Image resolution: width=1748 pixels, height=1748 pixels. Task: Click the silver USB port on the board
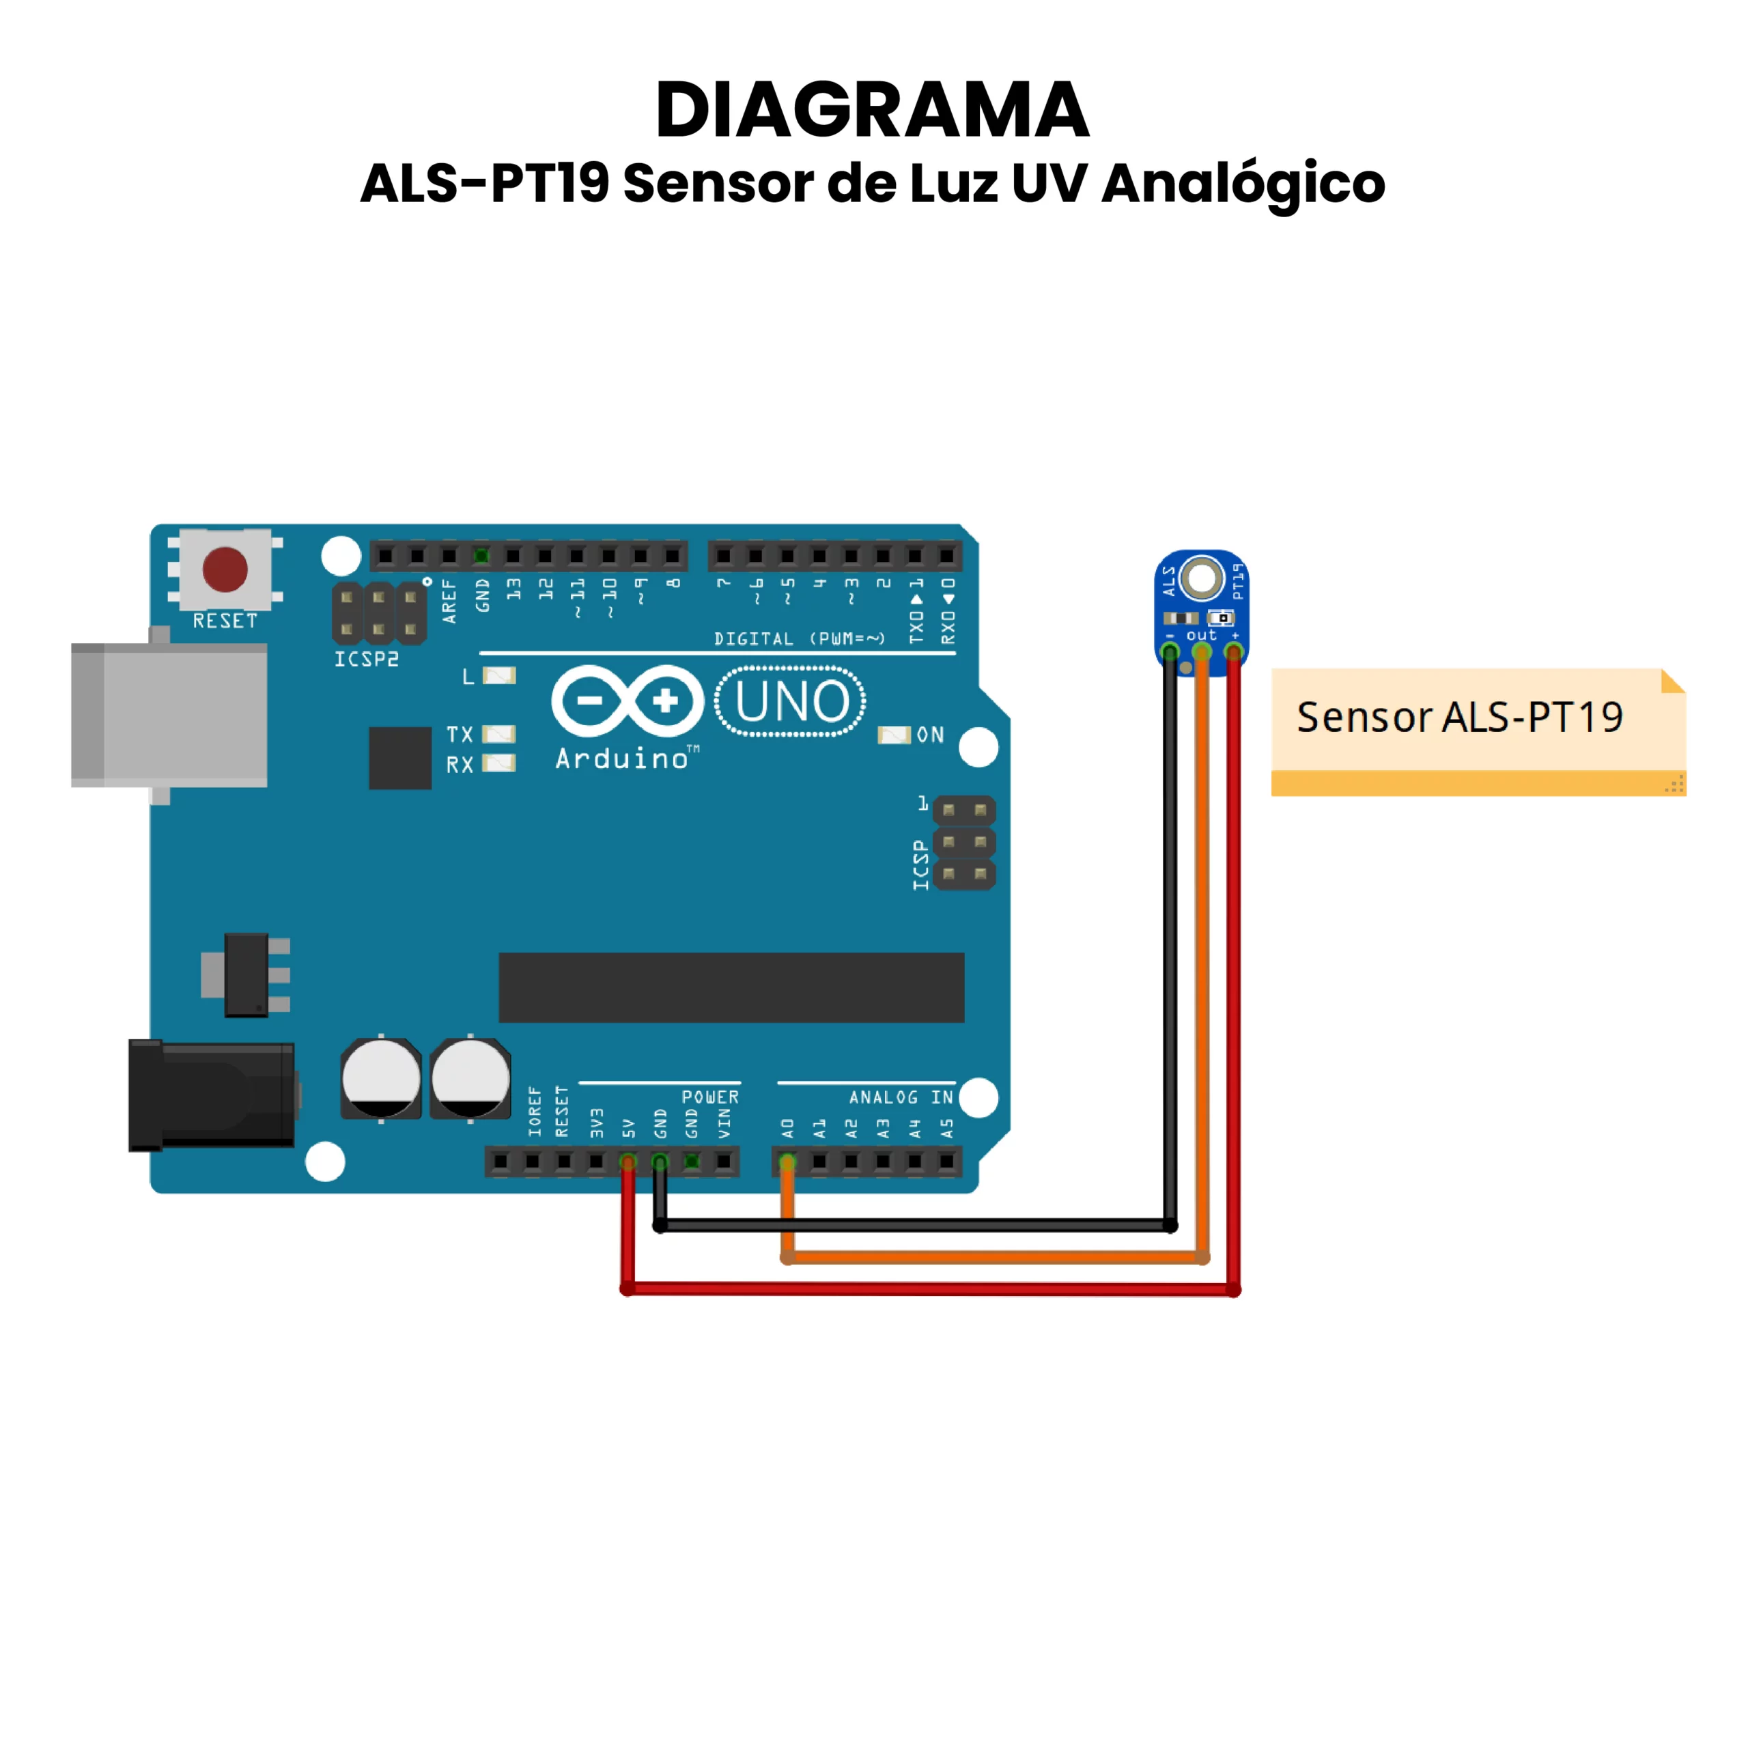170,715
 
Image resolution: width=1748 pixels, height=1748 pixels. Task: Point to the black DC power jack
212,1095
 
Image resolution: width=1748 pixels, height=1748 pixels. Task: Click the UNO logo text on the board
791,701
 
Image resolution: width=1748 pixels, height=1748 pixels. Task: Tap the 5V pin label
629,1127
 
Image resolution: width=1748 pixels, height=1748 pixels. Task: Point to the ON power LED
894,735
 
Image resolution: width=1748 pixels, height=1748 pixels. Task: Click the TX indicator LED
498,734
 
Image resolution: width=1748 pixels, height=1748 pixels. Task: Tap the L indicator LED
498,676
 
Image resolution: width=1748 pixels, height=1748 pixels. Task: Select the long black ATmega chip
731,987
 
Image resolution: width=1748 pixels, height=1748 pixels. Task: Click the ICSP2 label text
367,659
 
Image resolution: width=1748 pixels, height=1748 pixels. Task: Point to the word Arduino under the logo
623,758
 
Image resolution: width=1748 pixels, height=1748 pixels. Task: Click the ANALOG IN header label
900,1097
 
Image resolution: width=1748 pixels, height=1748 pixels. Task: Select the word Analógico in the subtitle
1243,184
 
